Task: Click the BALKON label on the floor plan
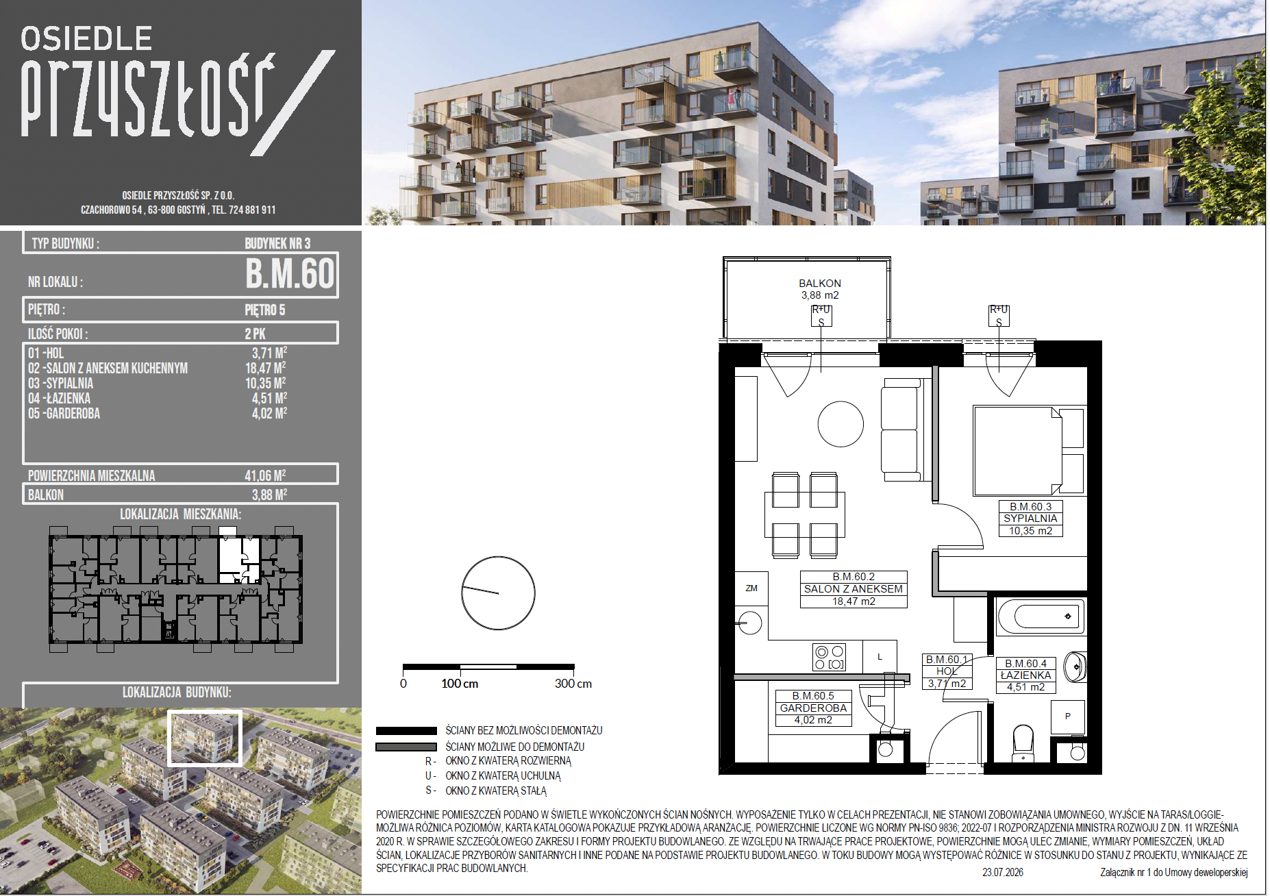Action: [819, 284]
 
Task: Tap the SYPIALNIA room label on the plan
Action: [1030, 519]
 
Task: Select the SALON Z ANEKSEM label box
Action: [854, 589]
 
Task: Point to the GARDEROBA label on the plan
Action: [813, 708]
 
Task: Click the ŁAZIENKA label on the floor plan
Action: [1025, 675]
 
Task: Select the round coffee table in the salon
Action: [841, 424]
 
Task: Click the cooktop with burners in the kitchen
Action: [829, 657]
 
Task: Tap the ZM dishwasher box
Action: [751, 588]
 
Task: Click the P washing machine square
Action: [1067, 717]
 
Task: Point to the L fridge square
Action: [880, 657]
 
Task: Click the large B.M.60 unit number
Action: [290, 274]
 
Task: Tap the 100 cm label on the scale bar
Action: [460, 684]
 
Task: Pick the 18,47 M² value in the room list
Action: [266, 368]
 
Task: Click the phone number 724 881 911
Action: [252, 210]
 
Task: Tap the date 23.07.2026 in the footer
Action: [1003, 873]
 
